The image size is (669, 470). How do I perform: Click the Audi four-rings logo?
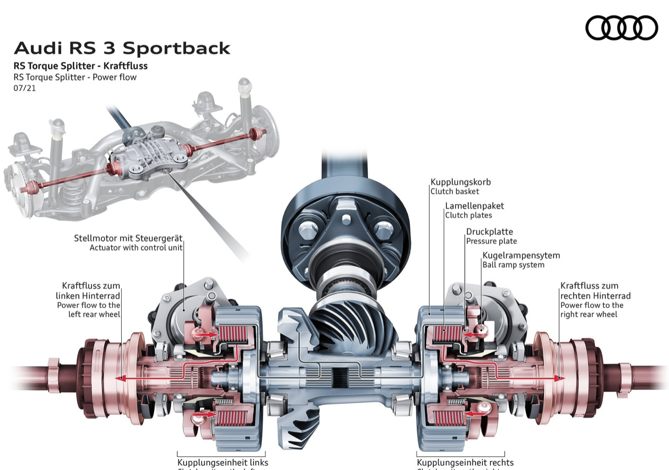621,28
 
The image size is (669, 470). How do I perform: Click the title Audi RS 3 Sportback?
122,48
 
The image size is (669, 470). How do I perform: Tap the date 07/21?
25,88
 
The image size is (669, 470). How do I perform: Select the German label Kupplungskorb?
460,182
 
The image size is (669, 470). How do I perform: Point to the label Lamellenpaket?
475,206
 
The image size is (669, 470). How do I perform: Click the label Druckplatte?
490,231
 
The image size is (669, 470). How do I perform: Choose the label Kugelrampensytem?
521,255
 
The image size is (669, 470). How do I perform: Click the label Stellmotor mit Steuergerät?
129,239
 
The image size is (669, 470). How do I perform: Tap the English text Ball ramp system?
513,265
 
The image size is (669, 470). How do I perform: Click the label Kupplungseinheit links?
223,463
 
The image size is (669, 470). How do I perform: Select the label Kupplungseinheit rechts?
465,463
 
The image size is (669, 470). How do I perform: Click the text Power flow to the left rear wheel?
89,310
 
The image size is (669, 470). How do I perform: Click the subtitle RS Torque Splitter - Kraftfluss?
80,66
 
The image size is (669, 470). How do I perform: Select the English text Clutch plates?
468,215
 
